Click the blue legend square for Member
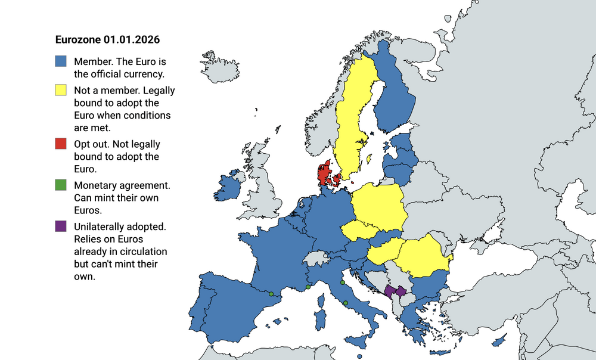click(x=60, y=62)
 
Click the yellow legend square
click(x=60, y=90)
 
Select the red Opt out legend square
click(x=60, y=144)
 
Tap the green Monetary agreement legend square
click(x=60, y=185)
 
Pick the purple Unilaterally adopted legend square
click(x=60, y=226)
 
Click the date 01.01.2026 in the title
click(x=131, y=40)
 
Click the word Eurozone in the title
click(x=77, y=40)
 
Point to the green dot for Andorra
click(x=271, y=294)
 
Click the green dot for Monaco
click(x=308, y=287)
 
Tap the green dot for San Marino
click(x=343, y=283)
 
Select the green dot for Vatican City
click(x=346, y=303)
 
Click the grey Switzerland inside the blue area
click(x=315, y=259)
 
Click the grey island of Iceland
click(x=226, y=67)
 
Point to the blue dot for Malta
click(x=360, y=356)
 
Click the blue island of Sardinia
click(x=320, y=318)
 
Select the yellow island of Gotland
click(x=369, y=159)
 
